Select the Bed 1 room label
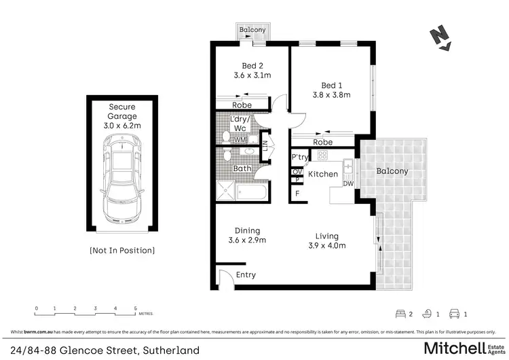[331, 86]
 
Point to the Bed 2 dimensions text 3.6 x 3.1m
[252, 75]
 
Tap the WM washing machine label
[240, 139]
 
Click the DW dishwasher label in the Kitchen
[348, 183]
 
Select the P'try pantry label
[299, 158]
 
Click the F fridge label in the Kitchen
[297, 194]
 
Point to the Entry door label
[246, 275]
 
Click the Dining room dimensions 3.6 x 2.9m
[246, 240]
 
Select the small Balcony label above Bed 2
[253, 31]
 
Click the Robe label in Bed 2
[242, 105]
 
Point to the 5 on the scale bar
[135, 309]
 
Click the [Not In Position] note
[122, 251]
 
